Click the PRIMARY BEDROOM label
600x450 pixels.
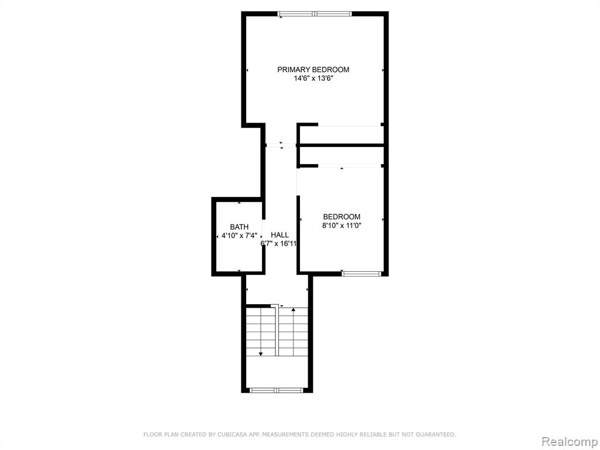[x=313, y=70]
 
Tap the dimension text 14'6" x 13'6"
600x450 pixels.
[x=313, y=79]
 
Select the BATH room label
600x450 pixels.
[x=239, y=227]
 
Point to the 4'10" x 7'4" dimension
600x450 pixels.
[x=240, y=236]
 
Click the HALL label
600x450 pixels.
[x=279, y=235]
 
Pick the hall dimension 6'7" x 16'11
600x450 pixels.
[x=278, y=244]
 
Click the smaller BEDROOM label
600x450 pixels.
[x=342, y=217]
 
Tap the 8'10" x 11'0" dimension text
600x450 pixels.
[x=342, y=226]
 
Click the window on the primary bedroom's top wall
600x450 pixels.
[x=315, y=14]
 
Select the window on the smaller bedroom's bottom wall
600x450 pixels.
[x=362, y=274]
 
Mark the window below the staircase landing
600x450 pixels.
[x=277, y=390]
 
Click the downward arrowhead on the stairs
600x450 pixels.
[x=261, y=354]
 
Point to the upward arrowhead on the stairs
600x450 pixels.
[x=293, y=310]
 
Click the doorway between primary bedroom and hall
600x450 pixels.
[x=281, y=145]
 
